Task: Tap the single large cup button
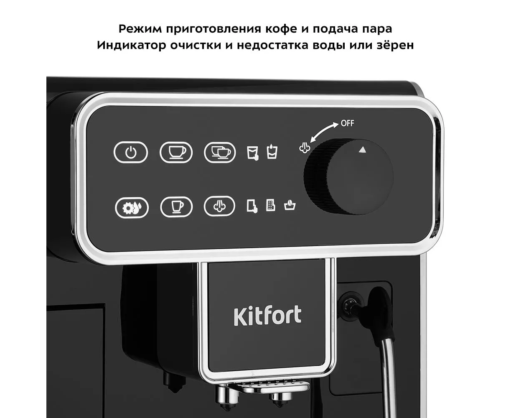pos(176,152)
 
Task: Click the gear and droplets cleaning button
pos(132,208)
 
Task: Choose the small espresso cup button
pos(176,206)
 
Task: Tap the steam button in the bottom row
pos(219,206)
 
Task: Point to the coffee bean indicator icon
pos(290,205)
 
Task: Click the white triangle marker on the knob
pos(362,150)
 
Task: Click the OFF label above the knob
pos(348,123)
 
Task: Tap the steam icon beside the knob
pos(305,148)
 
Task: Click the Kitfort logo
pos(267,316)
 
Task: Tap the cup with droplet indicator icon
pos(272,152)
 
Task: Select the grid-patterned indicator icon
pos(271,205)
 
